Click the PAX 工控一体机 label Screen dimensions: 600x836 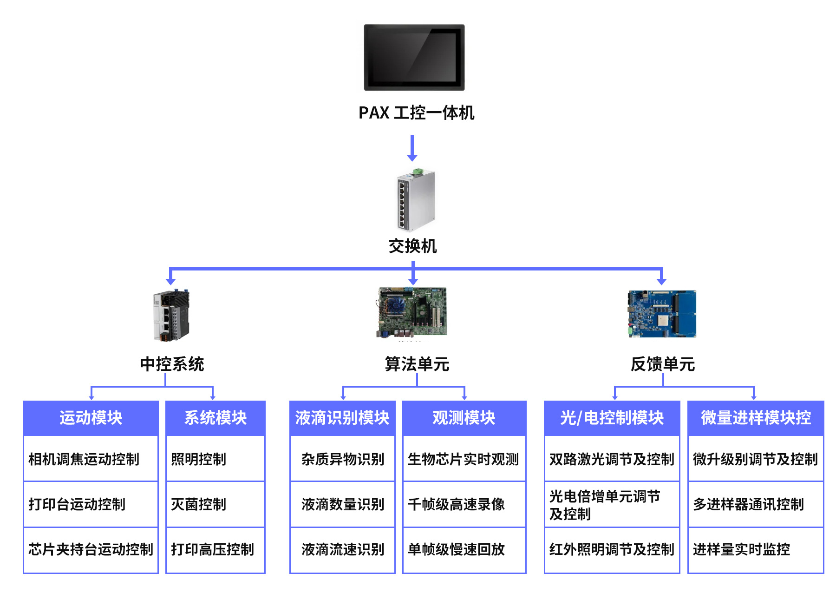pyautogui.click(x=416, y=113)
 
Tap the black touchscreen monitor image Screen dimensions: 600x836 pyautogui.click(x=414, y=57)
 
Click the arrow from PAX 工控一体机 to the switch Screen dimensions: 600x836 pyautogui.click(x=412, y=148)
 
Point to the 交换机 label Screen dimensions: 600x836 pyautogui.click(x=412, y=246)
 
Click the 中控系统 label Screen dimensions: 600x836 pyautogui.click(x=172, y=364)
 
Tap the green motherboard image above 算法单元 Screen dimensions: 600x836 pyautogui.click(x=411, y=312)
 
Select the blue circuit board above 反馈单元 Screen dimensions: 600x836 pyautogui.click(x=662, y=314)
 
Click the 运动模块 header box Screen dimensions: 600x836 pyautogui.click(x=91, y=418)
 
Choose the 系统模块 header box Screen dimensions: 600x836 pyautogui.click(x=216, y=418)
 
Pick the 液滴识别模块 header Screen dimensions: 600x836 pyautogui.click(x=342, y=418)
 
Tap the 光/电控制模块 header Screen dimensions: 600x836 pyautogui.click(x=612, y=418)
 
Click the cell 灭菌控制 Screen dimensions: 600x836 pyautogui.click(x=216, y=504)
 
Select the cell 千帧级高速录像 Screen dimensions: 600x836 pyautogui.click(x=464, y=504)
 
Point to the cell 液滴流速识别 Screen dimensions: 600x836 pyautogui.click(x=342, y=549)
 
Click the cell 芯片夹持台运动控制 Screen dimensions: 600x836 pyautogui.click(x=91, y=549)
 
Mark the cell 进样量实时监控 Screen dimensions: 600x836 pyautogui.click(x=755, y=549)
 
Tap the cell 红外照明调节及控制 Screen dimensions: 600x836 pyautogui.click(x=612, y=549)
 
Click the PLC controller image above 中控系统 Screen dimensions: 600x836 pyautogui.click(x=171, y=316)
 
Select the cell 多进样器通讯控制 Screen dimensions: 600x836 pyautogui.click(x=755, y=504)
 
